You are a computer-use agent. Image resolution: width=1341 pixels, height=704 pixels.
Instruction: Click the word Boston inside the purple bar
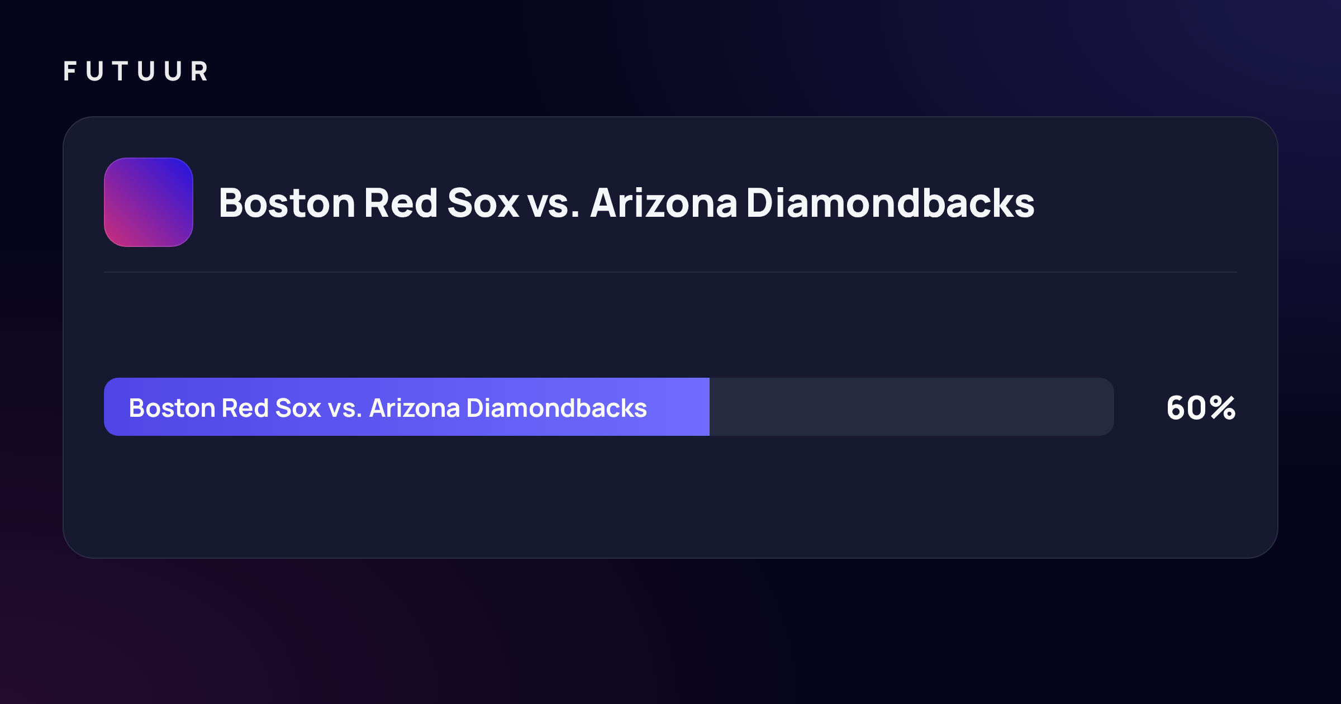[172, 408]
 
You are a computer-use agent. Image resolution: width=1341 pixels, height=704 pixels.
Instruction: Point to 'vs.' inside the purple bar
[345, 410]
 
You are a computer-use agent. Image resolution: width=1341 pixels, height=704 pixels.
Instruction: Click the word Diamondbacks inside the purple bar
[557, 408]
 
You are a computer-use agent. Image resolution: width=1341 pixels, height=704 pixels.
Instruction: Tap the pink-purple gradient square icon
[149, 202]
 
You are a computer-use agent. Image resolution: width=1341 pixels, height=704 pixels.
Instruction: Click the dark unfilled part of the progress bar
[912, 407]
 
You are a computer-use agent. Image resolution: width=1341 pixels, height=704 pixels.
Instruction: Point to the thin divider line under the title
[670, 272]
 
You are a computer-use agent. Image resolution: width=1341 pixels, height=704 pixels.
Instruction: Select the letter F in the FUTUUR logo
[70, 72]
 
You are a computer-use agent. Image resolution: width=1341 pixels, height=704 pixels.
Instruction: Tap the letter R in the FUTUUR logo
[199, 72]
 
